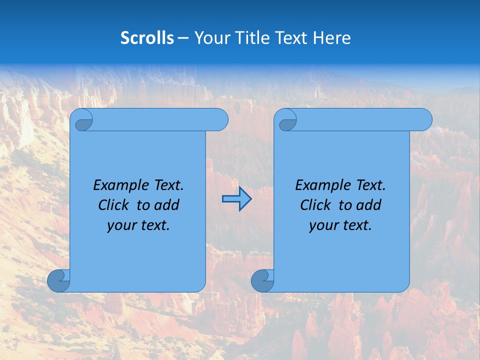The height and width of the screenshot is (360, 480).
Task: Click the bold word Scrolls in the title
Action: [147, 38]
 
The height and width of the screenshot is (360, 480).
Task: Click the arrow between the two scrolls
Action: [236, 199]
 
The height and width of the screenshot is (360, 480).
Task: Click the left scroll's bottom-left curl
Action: [59, 280]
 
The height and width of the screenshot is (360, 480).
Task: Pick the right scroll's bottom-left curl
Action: [262, 280]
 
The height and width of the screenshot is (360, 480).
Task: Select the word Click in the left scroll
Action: [114, 205]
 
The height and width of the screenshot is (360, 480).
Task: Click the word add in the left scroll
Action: [166, 205]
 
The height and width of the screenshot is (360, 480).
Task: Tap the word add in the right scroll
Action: [368, 205]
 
